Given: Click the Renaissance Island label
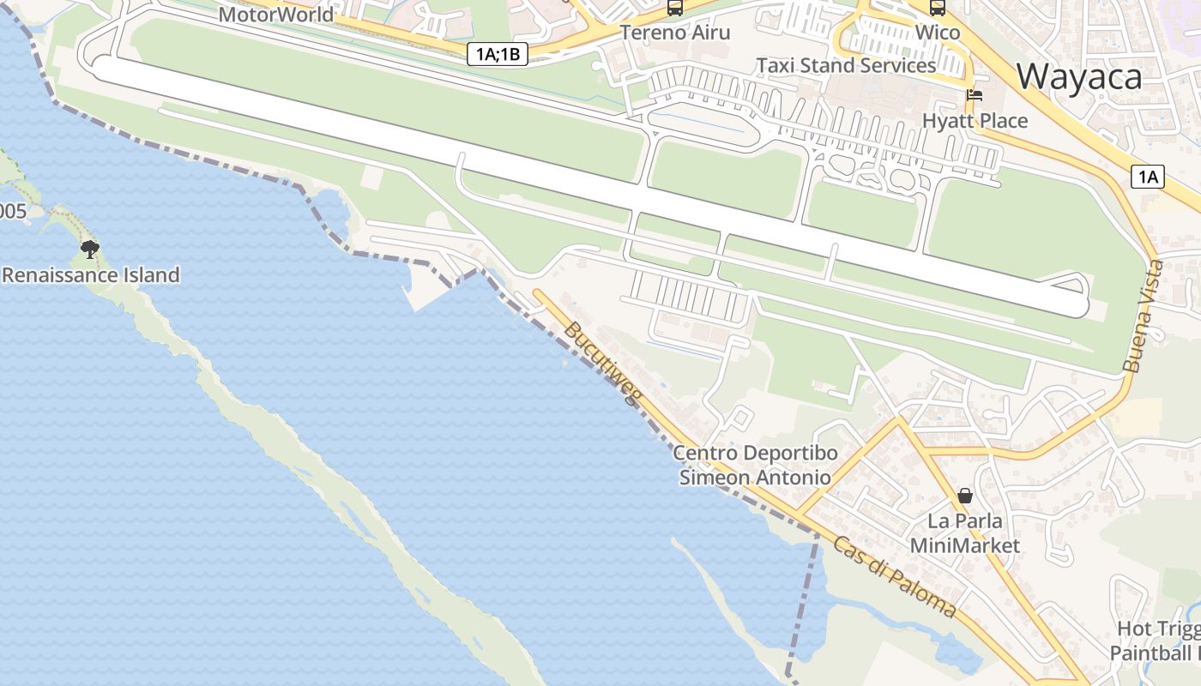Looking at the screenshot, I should click(91, 275).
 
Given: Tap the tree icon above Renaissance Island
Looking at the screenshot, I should click(89, 250).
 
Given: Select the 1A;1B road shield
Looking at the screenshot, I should click(498, 54).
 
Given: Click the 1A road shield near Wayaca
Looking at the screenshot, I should click(1148, 178).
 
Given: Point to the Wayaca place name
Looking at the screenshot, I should click(1079, 77).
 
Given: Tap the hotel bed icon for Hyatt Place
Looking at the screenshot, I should click(974, 95).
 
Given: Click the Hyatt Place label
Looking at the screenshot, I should click(975, 121).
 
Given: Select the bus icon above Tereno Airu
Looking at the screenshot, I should click(675, 9).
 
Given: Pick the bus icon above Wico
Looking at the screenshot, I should click(938, 9).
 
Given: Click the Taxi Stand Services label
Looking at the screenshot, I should click(845, 66).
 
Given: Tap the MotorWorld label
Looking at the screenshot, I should click(275, 15).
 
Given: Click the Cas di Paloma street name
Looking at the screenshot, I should click(894, 577).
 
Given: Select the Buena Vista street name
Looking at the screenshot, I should click(1144, 316).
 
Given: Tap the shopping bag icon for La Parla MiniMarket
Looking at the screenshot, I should click(965, 496).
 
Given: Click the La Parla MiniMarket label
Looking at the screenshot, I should click(965, 533).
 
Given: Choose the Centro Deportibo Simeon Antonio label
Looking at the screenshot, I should click(755, 465).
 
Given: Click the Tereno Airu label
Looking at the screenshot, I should click(675, 33).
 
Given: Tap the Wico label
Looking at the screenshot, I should click(938, 33).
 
